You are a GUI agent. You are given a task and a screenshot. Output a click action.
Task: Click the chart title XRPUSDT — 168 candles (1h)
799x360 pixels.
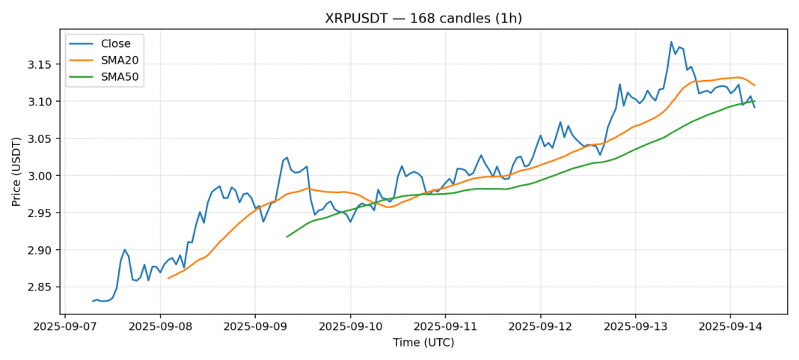click(x=423, y=19)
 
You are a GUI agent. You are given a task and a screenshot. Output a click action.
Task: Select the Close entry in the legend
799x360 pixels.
click(x=116, y=43)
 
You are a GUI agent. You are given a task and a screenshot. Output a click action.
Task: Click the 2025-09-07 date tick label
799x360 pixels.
click(x=65, y=327)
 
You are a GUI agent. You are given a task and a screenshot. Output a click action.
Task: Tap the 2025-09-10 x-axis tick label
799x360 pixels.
click(x=350, y=327)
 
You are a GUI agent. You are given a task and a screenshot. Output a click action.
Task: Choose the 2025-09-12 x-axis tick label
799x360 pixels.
click(x=539, y=327)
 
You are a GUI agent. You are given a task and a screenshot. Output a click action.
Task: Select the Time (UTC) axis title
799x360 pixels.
click(x=423, y=343)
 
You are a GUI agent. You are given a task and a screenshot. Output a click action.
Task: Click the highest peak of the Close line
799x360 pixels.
click(x=671, y=42)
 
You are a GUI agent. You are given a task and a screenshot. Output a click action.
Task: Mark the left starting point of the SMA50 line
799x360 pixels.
click(x=287, y=237)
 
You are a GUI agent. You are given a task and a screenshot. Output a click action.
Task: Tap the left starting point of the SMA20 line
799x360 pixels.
click(x=168, y=278)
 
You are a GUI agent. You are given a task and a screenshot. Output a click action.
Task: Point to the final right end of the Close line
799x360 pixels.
click(x=754, y=107)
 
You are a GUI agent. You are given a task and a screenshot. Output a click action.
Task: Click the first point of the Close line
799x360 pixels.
click(x=93, y=301)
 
